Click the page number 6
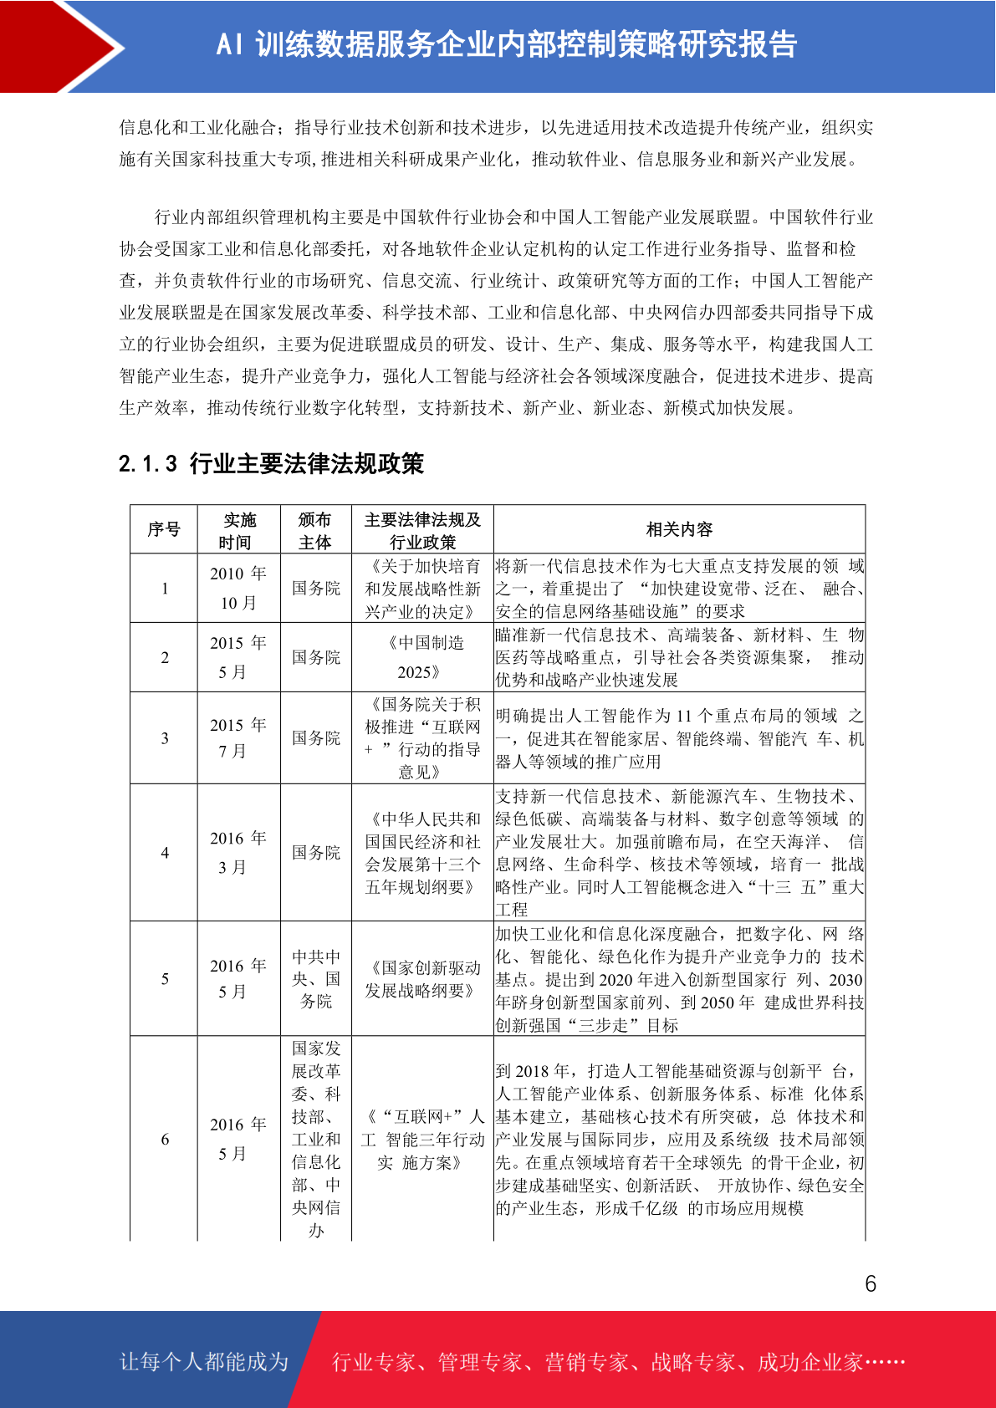pos(871,1283)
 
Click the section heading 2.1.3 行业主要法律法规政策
pos(271,463)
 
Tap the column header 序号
pos(164,529)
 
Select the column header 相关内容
pos(679,529)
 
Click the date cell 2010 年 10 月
pos(238,588)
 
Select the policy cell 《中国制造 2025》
pos(422,657)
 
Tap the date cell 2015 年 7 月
pos(238,737)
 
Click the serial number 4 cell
pos(165,853)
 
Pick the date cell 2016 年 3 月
pos(238,853)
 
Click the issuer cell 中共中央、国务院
pos(316,978)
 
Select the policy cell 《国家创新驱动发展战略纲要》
pos(422,979)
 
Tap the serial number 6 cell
pos(165,1139)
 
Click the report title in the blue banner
pos(507,45)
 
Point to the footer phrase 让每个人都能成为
pos(204,1361)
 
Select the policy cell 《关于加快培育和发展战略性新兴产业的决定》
pos(422,589)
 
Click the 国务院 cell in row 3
pos(316,738)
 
